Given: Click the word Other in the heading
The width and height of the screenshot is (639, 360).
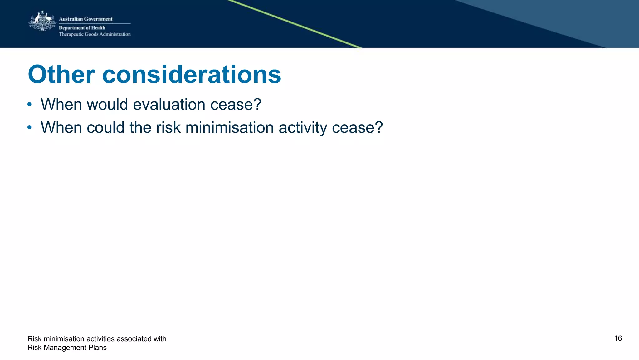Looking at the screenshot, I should pyautogui.click(x=61, y=75).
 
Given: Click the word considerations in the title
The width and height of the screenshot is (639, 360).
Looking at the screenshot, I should pyautogui.click(x=192, y=75).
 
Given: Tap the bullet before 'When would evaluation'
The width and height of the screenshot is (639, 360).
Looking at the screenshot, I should pyautogui.click(x=29, y=104).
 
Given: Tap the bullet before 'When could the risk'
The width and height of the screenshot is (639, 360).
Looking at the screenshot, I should pyautogui.click(x=29, y=127).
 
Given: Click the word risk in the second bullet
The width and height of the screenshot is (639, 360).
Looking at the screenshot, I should pyautogui.click(x=168, y=128).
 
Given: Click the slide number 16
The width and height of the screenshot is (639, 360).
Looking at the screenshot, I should pyautogui.click(x=618, y=338).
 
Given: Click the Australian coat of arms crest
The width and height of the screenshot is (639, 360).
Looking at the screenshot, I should pyautogui.click(x=42, y=21).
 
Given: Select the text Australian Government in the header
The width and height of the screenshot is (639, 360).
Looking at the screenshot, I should pyautogui.click(x=85, y=19).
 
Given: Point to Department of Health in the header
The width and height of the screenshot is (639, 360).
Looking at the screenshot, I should pyautogui.click(x=82, y=28).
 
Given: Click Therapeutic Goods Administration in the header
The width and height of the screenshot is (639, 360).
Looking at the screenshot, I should pyautogui.click(x=95, y=34).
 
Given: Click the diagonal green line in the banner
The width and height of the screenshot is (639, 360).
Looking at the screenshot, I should pyautogui.click(x=295, y=24).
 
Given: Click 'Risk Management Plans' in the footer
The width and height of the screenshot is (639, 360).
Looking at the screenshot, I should pyautogui.click(x=67, y=348).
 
